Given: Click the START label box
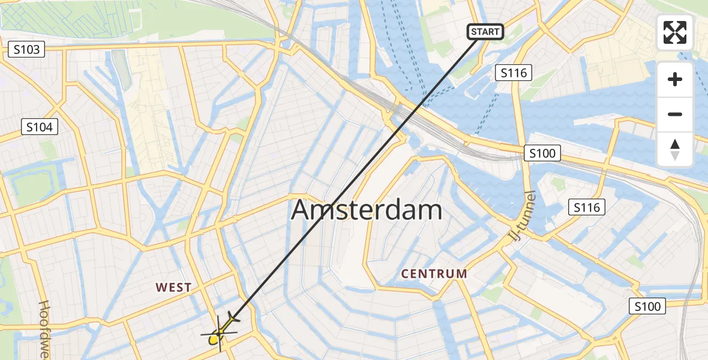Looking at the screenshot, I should tap(485, 32).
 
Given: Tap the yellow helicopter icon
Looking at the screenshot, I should tap(220, 334).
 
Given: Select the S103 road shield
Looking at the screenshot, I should tap(28, 49).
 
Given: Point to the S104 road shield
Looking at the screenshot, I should tap(40, 127).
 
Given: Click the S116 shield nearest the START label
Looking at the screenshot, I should tap(514, 73).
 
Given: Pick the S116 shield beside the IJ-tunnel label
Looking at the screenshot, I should tap(586, 208).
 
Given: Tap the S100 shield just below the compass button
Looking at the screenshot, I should tap(542, 154).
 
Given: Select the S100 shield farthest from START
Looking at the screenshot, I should tap(647, 307).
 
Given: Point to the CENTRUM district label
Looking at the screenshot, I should tap(434, 274).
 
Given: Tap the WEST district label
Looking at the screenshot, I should tap(173, 288).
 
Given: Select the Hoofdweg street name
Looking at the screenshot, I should tap(44, 330).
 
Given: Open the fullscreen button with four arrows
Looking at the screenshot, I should tap(675, 32).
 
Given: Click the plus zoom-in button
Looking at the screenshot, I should tap(675, 79).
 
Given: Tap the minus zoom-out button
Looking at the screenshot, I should tap(675, 114).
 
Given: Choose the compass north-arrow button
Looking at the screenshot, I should tap(675, 149).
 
